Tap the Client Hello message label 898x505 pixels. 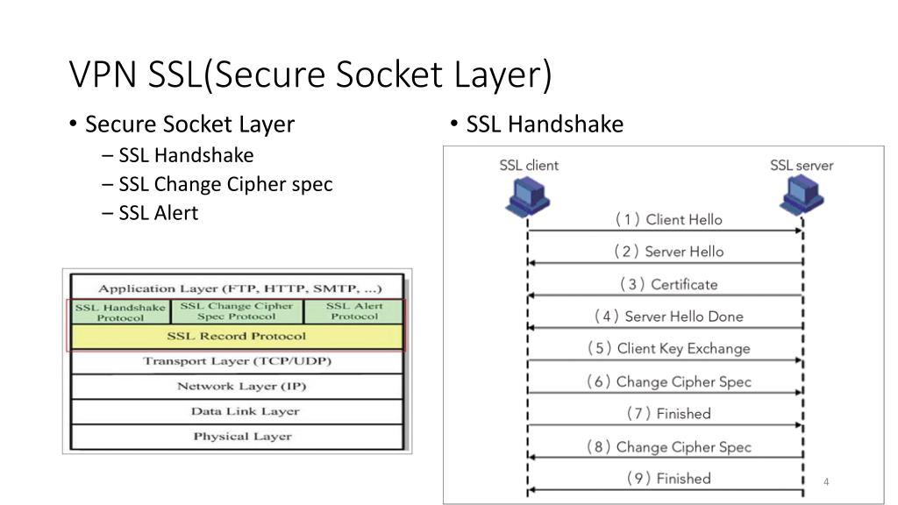[668, 219]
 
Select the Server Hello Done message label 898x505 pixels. [668, 317]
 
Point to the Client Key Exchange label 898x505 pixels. [668, 348]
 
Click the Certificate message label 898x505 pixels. [668, 284]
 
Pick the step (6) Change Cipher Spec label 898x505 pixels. [668, 381]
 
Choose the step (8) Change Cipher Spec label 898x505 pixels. [668, 446]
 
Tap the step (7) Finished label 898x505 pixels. [668, 413]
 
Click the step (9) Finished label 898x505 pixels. [668, 478]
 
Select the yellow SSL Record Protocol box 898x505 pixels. [237, 337]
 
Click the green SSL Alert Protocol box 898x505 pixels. [354, 311]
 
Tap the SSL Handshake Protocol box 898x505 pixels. [120, 312]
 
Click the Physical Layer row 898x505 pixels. [240, 436]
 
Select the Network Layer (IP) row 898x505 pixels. [240, 386]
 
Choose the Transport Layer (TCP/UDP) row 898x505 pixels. [237, 361]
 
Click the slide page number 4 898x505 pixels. [826, 482]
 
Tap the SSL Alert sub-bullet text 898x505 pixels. [159, 212]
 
